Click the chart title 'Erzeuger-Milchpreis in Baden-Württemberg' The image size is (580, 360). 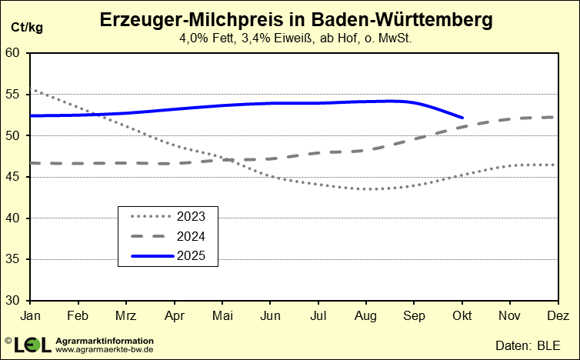click(x=296, y=20)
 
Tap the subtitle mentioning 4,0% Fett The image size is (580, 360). click(x=296, y=38)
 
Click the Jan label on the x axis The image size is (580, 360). click(x=31, y=315)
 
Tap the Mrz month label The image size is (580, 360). click(x=125, y=315)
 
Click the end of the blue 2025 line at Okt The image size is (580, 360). click(x=462, y=118)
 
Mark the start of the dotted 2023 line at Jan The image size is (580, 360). click(x=32, y=90)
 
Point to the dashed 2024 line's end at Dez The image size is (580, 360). click(x=555, y=117)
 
